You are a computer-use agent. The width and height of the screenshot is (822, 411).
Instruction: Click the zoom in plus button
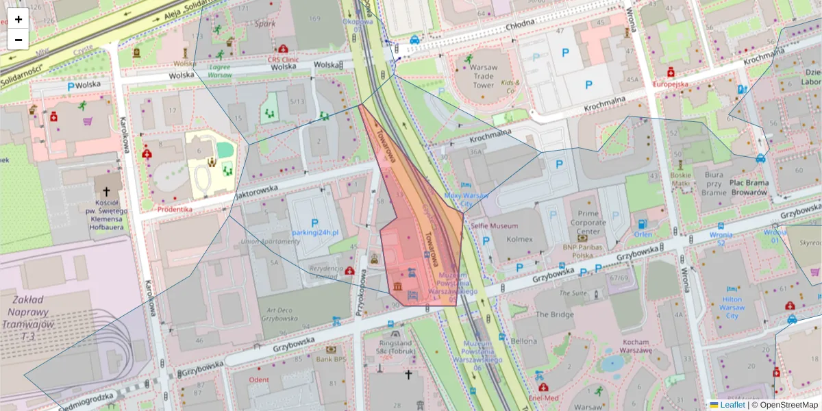point(18,19)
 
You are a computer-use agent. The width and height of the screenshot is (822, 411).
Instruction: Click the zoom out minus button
point(18,40)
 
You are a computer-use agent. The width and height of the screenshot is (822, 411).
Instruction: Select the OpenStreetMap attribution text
point(788,405)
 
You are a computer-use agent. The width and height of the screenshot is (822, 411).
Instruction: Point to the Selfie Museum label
point(494,226)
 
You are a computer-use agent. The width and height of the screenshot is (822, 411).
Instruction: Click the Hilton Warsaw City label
point(732,308)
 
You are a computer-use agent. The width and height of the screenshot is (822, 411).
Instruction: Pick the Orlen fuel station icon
point(642,223)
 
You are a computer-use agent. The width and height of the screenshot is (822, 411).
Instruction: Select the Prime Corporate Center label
point(588,222)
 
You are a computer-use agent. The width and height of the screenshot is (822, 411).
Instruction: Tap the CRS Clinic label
point(283,60)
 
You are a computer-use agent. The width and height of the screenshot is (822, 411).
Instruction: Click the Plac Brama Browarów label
point(749,188)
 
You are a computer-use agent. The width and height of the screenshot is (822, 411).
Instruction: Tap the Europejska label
point(670,84)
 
